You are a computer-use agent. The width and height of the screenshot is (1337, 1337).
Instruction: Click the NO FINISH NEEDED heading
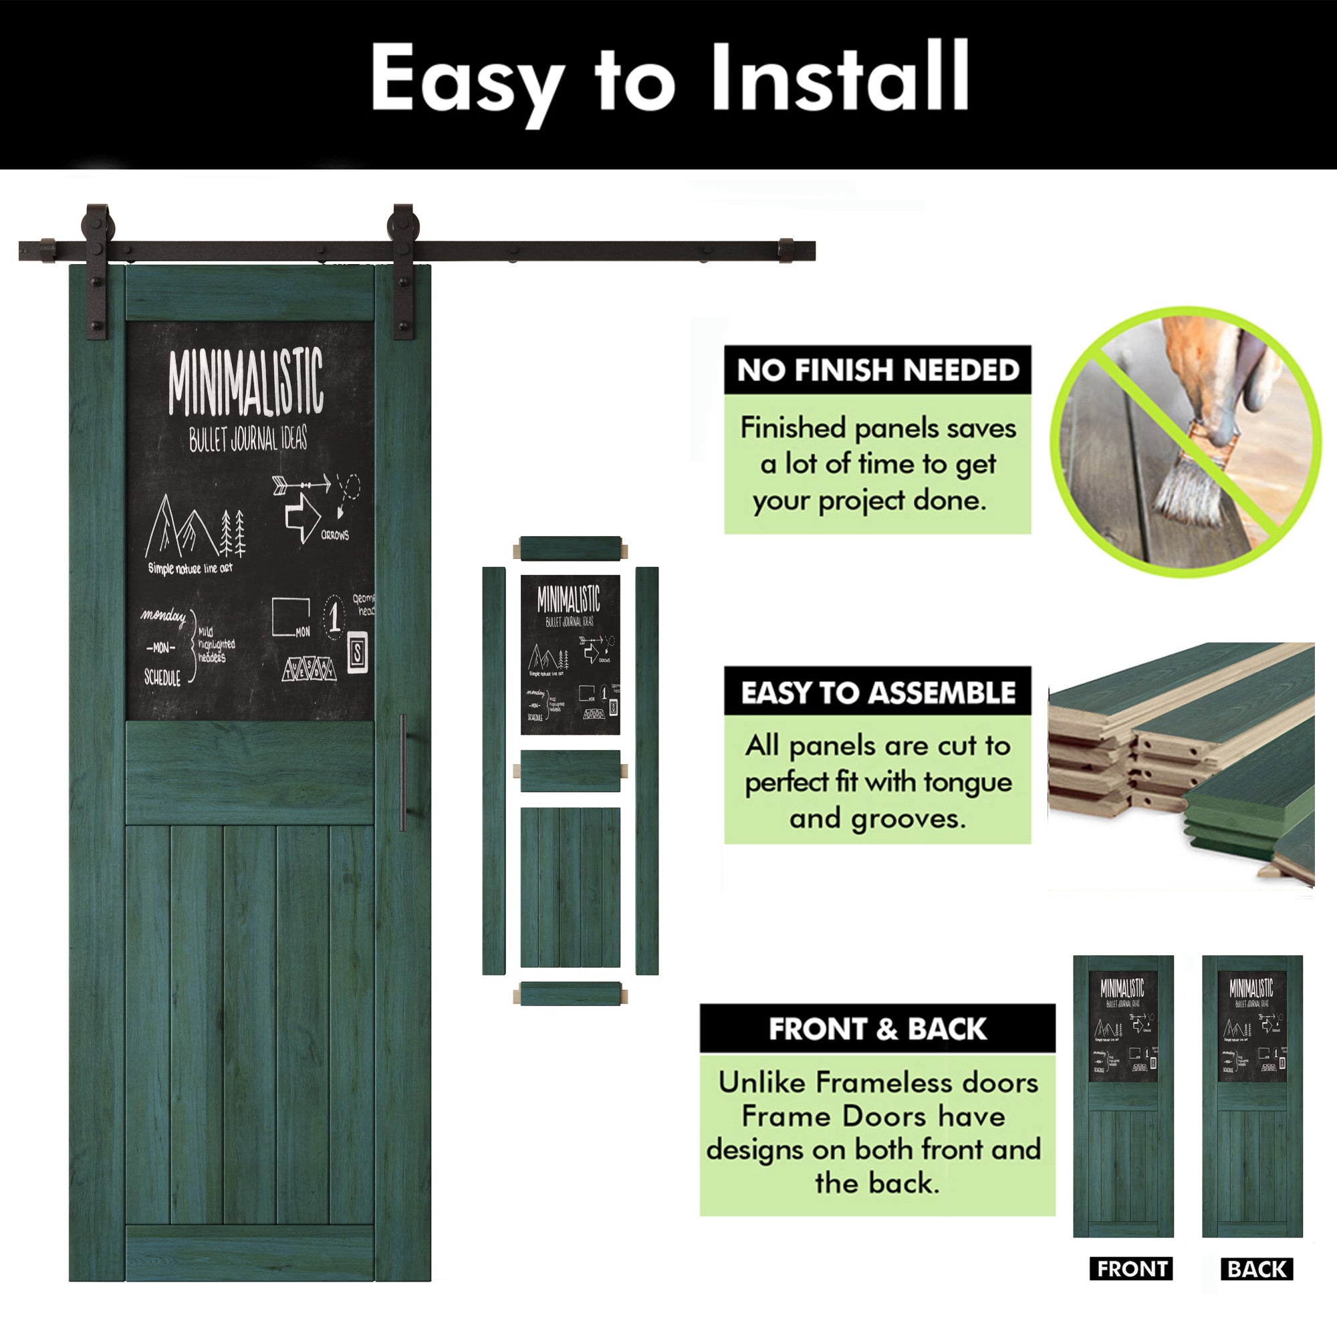tap(878, 370)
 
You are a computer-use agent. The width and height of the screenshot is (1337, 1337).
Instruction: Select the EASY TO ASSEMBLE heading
tap(878, 693)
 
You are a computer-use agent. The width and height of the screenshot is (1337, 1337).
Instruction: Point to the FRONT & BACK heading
tap(878, 1029)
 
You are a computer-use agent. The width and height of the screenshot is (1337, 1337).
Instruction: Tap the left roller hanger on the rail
tap(97, 270)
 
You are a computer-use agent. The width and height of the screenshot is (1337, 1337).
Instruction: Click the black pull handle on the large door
tap(402, 772)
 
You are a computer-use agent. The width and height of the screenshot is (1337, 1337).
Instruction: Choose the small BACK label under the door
tap(1256, 1269)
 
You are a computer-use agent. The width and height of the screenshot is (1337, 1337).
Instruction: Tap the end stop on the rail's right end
tap(786, 251)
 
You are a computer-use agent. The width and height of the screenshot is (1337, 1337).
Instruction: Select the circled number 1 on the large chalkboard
tap(334, 615)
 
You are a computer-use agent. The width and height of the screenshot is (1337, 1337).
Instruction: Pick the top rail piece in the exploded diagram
tap(570, 549)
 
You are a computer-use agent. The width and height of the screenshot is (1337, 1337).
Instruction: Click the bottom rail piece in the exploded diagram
tap(570, 994)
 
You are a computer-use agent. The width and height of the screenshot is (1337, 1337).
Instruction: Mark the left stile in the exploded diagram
tap(493, 770)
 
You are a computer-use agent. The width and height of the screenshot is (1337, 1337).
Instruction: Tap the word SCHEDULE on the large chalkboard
tap(162, 677)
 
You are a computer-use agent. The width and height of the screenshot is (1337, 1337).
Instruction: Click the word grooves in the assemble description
tap(908, 820)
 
